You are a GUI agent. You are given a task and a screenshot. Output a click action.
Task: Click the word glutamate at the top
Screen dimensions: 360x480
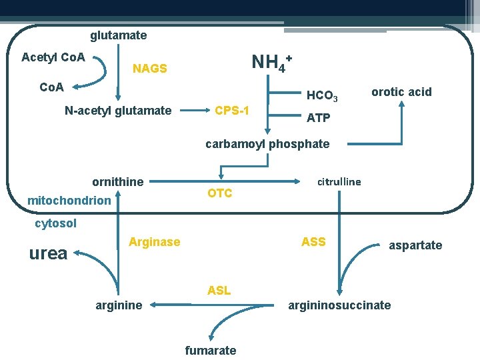(119, 35)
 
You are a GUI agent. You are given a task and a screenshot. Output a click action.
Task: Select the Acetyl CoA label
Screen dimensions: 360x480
(53, 57)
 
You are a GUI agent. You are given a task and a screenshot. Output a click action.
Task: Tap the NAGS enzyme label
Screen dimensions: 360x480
(150, 69)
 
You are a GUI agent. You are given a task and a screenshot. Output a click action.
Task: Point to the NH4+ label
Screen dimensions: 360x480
(271, 63)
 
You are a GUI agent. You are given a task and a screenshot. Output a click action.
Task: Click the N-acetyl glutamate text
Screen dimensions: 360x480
(118, 111)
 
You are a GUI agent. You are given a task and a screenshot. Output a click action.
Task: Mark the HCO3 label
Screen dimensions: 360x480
(322, 97)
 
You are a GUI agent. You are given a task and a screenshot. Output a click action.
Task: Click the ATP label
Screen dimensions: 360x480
(319, 118)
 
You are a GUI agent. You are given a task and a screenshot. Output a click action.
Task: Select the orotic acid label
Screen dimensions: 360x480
(401, 92)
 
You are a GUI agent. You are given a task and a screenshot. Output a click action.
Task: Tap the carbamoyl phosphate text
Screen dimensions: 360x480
(267, 144)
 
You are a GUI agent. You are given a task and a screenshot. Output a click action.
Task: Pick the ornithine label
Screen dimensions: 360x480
(117, 182)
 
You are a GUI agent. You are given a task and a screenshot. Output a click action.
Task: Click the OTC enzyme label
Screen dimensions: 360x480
(220, 193)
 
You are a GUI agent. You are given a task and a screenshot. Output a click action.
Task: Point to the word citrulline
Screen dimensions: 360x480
(339, 181)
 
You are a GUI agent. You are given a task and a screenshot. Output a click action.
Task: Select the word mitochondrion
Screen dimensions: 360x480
(69, 200)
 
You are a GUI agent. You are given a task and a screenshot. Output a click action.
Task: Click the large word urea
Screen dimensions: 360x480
(49, 253)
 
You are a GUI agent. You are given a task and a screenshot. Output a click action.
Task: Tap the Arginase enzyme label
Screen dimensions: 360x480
(154, 242)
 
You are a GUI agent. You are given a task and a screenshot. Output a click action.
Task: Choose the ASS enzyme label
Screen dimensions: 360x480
(313, 242)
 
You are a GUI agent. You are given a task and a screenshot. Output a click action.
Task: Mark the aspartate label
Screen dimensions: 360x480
(415, 245)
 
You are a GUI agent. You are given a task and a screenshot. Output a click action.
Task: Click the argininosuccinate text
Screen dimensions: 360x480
(339, 305)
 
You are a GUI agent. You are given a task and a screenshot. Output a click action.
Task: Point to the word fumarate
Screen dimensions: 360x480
(211, 351)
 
